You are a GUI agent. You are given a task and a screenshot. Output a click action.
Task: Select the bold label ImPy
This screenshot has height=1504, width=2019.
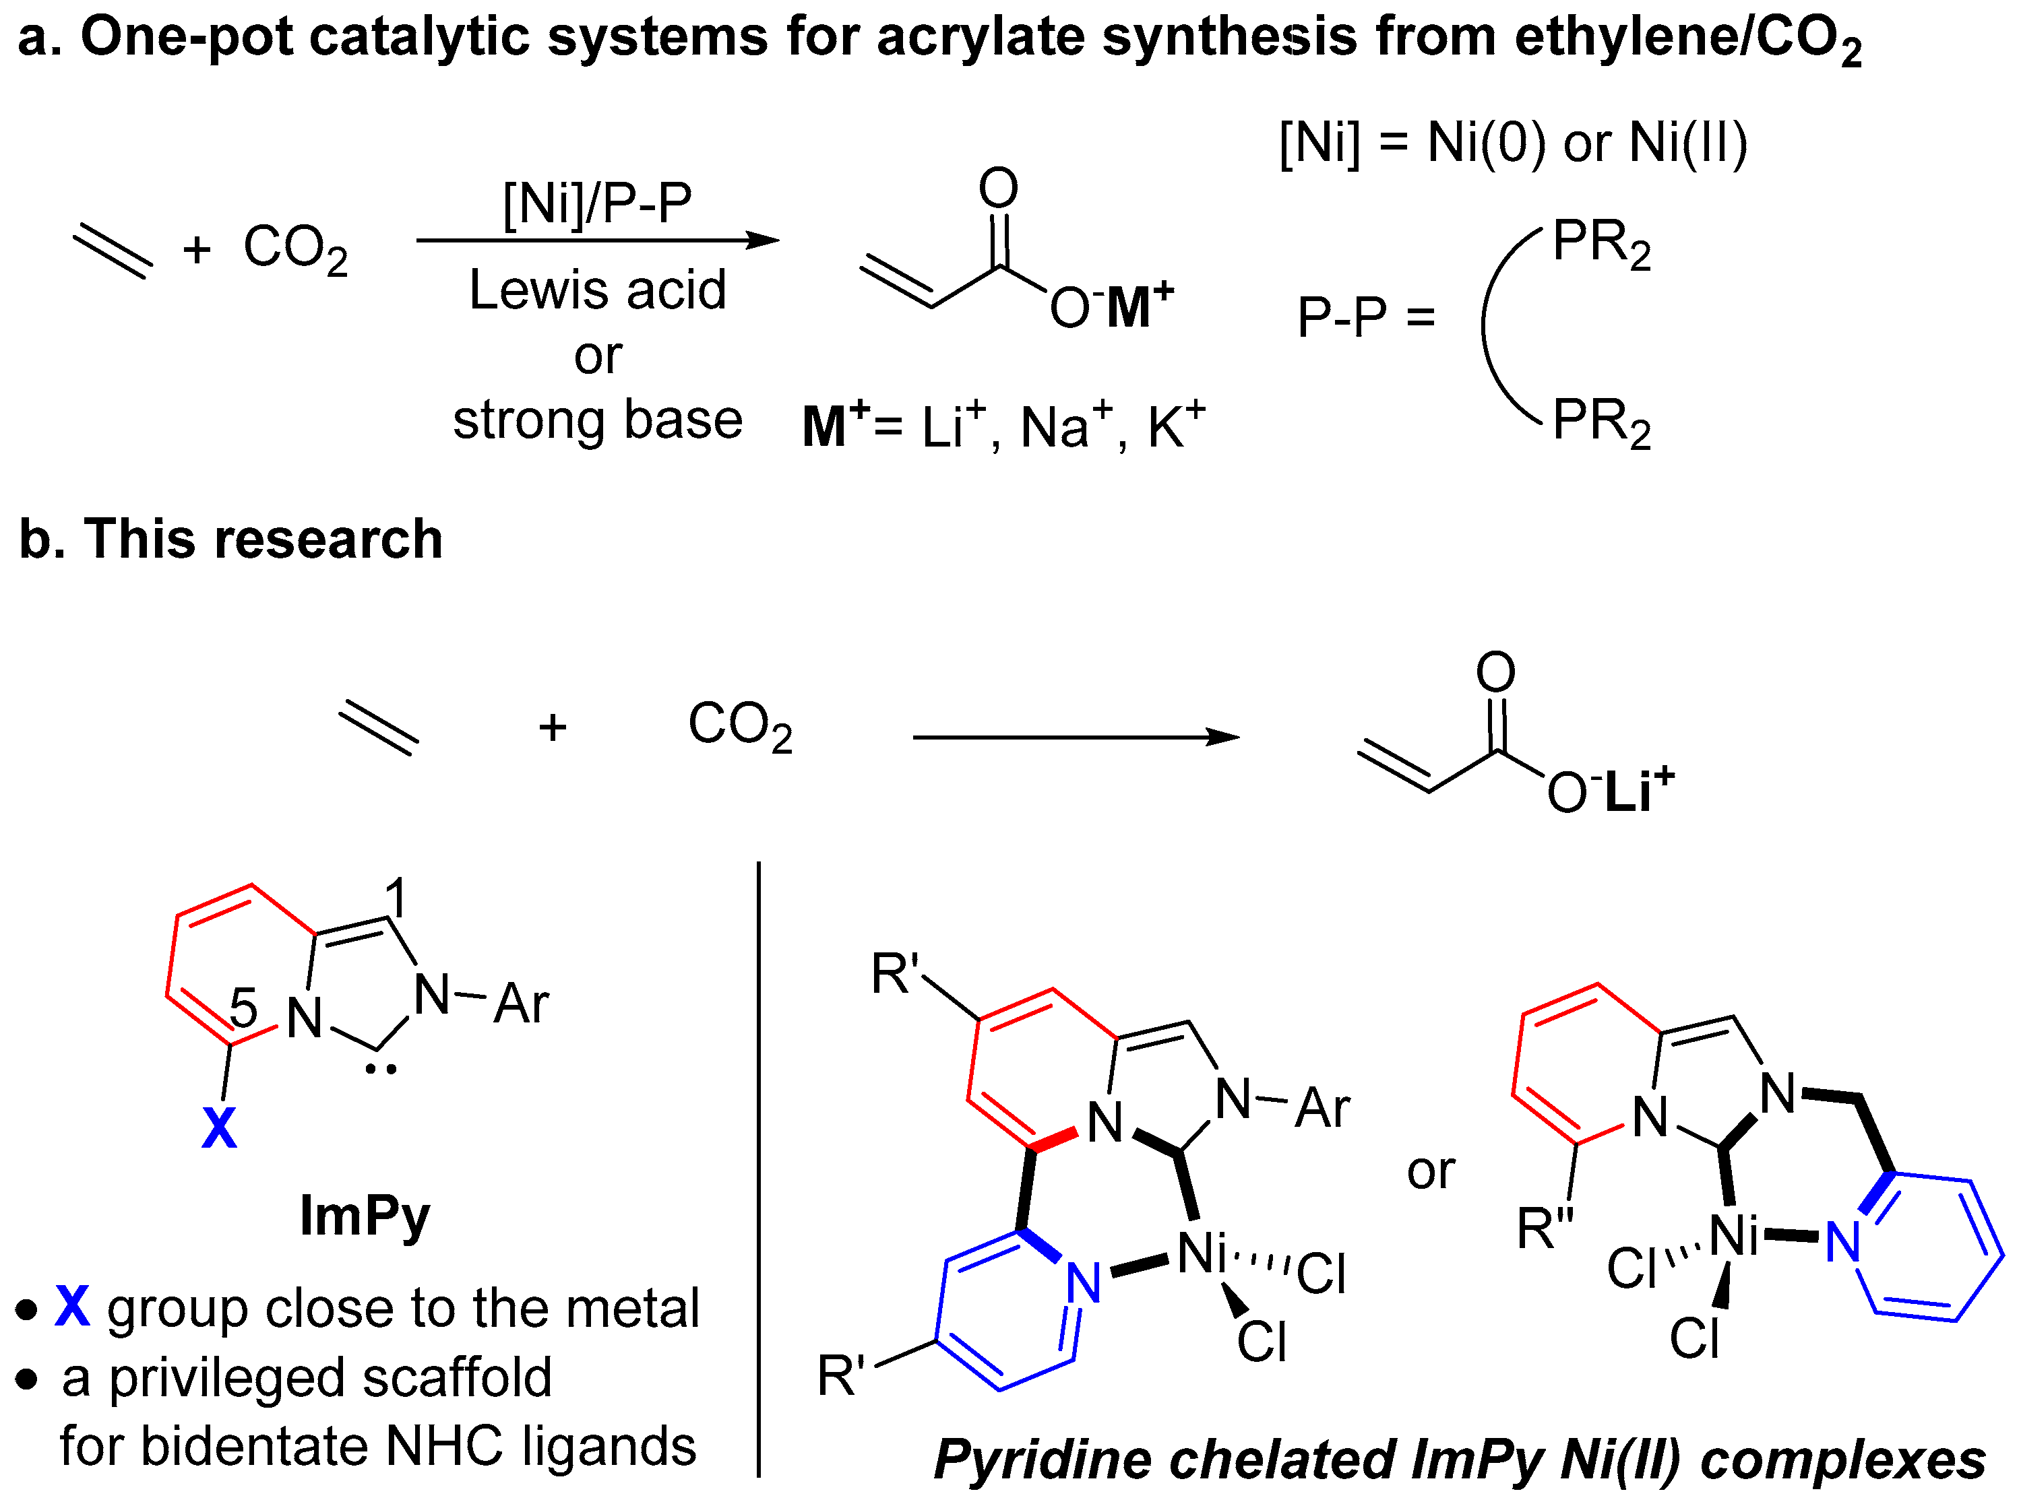point(365,1216)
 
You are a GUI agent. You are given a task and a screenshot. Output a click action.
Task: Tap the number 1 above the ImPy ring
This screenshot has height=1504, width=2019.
point(395,896)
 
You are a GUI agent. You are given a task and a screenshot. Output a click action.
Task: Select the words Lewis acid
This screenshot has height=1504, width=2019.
point(598,290)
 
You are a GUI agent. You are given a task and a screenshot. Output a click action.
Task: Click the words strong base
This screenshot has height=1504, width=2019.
point(598,420)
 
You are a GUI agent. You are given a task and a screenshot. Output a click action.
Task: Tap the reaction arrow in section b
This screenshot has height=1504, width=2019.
point(1075,737)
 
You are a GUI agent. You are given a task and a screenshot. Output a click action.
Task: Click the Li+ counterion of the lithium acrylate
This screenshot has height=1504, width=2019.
point(1638,789)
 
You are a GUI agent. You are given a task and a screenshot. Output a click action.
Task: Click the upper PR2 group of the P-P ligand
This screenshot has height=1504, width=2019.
point(1600,243)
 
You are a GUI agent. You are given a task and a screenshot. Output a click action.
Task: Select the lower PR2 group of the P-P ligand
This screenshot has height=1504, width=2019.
point(1600,422)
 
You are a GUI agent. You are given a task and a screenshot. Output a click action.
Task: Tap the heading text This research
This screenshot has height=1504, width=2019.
point(263,539)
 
